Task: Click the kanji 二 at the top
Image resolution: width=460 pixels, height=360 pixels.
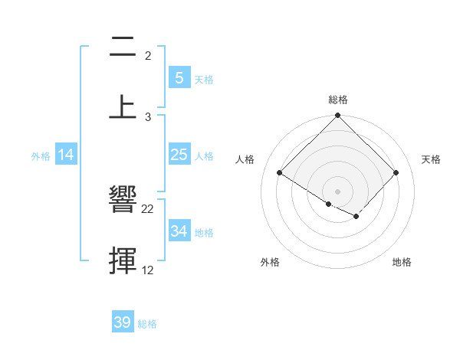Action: pyautogui.click(x=123, y=48)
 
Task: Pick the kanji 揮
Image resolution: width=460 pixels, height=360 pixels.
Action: pyautogui.click(x=123, y=259)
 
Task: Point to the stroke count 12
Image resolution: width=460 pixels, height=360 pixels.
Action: pyautogui.click(x=148, y=270)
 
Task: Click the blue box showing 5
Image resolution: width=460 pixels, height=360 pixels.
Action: pyautogui.click(x=179, y=77)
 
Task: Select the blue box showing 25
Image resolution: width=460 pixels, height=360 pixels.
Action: pyautogui.click(x=179, y=155)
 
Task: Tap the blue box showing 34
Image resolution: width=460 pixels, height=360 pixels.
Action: pyautogui.click(x=179, y=231)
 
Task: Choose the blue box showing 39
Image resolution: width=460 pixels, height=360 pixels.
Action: pyautogui.click(x=122, y=322)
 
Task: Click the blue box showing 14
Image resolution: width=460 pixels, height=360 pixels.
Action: pyautogui.click(x=66, y=155)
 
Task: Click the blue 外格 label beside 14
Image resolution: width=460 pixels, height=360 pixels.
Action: pyautogui.click(x=41, y=155)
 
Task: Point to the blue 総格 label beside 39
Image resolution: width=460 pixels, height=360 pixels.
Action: pyautogui.click(x=147, y=323)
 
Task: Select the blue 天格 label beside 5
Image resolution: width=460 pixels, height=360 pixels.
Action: pyautogui.click(x=204, y=78)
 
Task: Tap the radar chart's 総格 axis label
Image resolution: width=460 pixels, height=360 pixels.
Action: pyautogui.click(x=337, y=100)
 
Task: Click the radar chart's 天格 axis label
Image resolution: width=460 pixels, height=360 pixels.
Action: pyautogui.click(x=431, y=159)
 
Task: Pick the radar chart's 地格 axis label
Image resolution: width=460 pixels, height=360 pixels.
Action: pyautogui.click(x=402, y=262)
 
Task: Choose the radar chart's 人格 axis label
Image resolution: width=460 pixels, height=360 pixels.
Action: pyautogui.click(x=245, y=159)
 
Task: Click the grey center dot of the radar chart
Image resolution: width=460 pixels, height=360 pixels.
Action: pyautogui.click(x=337, y=191)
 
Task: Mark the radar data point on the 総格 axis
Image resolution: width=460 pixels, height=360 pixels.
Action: pyautogui.click(x=337, y=116)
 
